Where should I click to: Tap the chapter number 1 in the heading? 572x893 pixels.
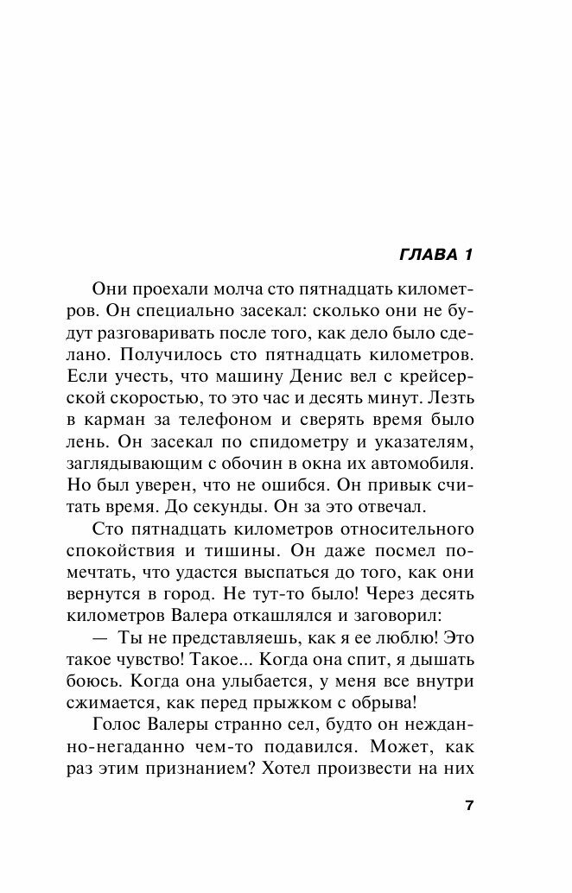click(x=470, y=256)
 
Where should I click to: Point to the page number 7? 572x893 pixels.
click(x=469, y=807)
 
